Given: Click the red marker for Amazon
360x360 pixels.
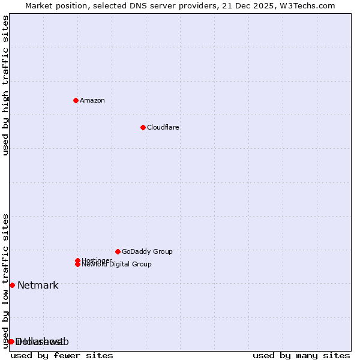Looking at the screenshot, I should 76,100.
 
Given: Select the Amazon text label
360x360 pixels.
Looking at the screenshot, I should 92,100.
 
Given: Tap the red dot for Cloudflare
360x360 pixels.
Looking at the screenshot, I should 143,127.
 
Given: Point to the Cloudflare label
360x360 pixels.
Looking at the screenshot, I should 163,127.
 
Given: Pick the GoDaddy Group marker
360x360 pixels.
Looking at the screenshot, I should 118,251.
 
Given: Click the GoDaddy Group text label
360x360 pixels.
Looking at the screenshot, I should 147,251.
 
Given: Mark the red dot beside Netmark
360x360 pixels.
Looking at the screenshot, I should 12,285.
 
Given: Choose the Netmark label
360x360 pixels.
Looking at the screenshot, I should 38,285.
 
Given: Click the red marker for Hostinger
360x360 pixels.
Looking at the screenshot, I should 77,260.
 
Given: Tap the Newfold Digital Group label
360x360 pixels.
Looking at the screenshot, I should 117,265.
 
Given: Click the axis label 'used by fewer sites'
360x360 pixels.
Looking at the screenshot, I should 62,355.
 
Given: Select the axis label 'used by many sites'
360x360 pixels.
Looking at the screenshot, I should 301,355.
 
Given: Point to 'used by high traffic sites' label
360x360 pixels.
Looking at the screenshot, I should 6,85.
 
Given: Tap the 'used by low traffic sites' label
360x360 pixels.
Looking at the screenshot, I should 6,280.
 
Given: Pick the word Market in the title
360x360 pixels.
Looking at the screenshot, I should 39,5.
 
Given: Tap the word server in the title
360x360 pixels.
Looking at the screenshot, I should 177,5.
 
